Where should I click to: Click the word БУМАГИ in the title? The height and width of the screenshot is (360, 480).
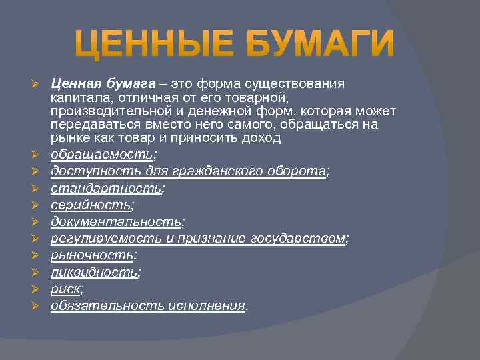point(320,43)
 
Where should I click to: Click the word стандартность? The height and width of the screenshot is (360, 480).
point(106,189)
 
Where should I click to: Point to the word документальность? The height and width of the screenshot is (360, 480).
point(116,222)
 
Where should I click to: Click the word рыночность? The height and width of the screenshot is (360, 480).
point(93,255)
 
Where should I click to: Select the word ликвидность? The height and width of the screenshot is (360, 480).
point(95,272)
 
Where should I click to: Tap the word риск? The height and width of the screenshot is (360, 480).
point(65,289)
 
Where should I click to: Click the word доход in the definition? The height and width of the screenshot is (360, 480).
point(262,138)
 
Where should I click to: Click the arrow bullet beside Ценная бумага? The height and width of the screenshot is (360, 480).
point(38,84)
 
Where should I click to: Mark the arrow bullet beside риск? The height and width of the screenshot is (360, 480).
point(38,289)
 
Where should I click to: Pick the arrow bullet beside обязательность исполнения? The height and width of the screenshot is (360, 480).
point(38,306)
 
